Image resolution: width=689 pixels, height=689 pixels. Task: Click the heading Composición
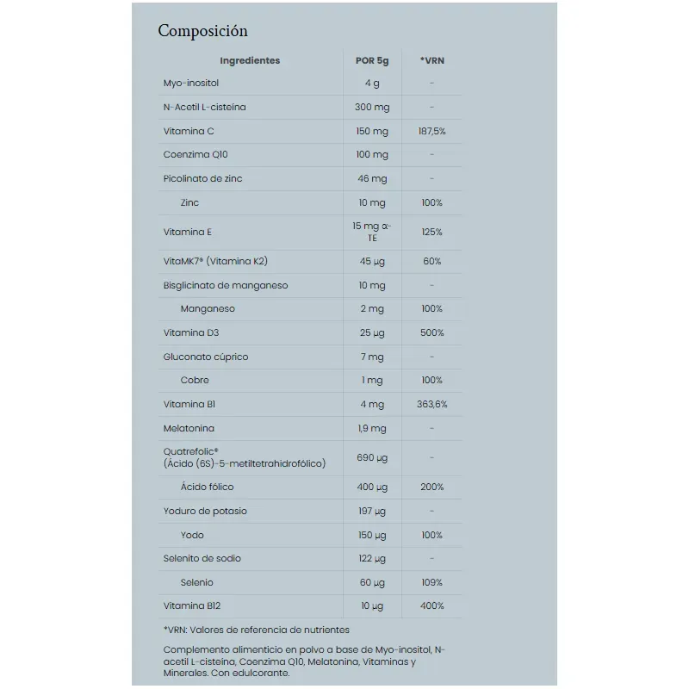pyautogui.click(x=202, y=31)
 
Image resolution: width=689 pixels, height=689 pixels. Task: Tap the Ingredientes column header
pyautogui.click(x=250, y=60)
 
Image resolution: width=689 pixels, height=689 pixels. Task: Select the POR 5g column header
pyautogui.click(x=372, y=60)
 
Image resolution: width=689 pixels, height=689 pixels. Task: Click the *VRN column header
pyautogui.click(x=431, y=60)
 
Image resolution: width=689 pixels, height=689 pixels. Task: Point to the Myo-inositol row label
pyautogui.click(x=191, y=84)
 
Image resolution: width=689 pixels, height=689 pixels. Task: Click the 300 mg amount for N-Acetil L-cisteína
pyautogui.click(x=372, y=108)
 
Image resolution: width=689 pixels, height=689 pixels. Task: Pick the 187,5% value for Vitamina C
pyautogui.click(x=431, y=131)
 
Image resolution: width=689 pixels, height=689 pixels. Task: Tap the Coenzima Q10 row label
pyautogui.click(x=196, y=155)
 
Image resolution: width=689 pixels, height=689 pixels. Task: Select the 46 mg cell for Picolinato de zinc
pyautogui.click(x=372, y=179)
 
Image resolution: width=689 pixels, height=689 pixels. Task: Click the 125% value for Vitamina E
pyautogui.click(x=431, y=232)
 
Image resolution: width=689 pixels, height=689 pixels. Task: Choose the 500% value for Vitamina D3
pyautogui.click(x=431, y=332)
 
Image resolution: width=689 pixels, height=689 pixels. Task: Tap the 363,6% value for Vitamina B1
pyautogui.click(x=431, y=404)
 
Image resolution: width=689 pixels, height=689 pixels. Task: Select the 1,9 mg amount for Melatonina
pyautogui.click(x=372, y=428)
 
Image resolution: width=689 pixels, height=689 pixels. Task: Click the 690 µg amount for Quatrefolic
pyautogui.click(x=372, y=457)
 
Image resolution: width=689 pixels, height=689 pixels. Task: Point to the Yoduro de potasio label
pyautogui.click(x=205, y=511)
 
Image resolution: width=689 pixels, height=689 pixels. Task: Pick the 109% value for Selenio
pyautogui.click(x=431, y=582)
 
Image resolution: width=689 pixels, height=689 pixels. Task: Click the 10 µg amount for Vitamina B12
pyautogui.click(x=372, y=606)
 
